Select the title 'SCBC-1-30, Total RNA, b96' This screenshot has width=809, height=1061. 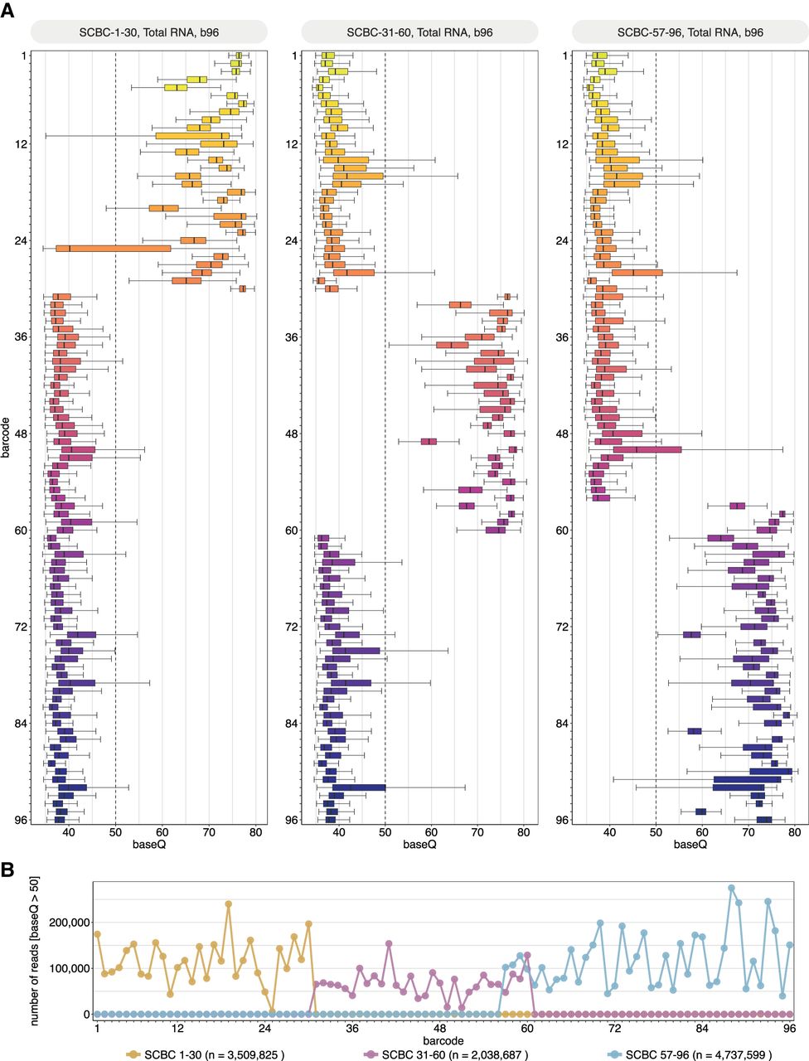click(x=149, y=32)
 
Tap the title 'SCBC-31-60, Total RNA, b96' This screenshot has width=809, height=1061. click(x=419, y=32)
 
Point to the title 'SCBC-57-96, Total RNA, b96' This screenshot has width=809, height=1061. click(x=690, y=32)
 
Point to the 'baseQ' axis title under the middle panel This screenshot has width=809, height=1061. click(x=419, y=845)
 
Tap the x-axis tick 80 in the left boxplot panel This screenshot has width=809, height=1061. click(x=254, y=833)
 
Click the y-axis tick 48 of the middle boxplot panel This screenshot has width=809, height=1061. click(x=293, y=434)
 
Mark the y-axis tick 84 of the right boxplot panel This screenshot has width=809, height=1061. click(x=564, y=723)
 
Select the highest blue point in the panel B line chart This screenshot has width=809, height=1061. click(x=731, y=888)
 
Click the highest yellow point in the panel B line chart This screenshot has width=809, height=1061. click(x=229, y=904)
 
